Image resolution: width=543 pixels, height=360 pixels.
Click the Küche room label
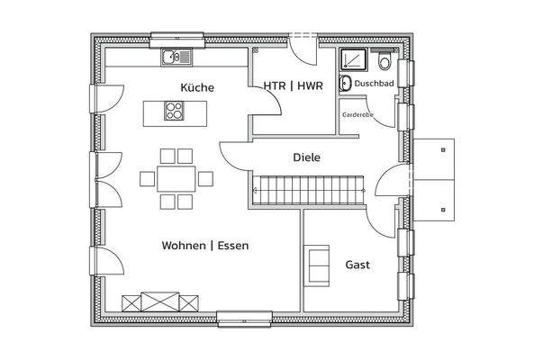[196, 88]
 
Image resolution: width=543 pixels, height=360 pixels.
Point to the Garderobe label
[357, 115]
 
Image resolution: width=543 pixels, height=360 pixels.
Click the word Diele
[307, 157]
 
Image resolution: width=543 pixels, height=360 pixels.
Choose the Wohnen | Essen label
[205, 245]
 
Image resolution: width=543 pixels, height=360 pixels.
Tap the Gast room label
[357, 265]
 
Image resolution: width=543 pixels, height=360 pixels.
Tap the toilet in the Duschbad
[385, 62]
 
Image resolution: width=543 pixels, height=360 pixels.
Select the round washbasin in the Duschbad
[345, 85]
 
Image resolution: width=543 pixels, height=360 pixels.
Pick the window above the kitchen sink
[177, 38]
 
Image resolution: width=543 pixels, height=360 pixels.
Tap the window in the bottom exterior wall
[244, 318]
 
